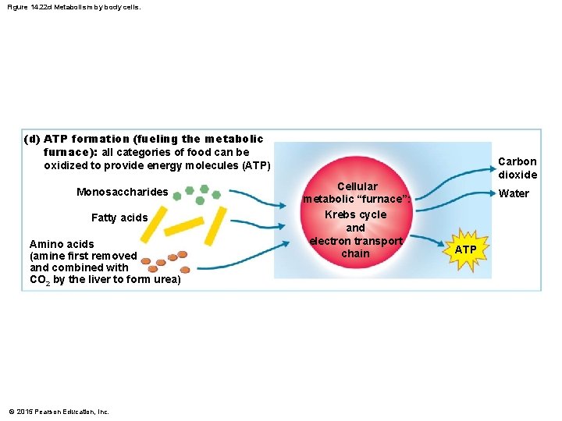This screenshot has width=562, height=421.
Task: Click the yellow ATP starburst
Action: pyautogui.click(x=465, y=249)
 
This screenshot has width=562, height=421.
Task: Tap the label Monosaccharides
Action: pyautogui.click(x=122, y=192)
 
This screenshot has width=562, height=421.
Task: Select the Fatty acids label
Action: pyautogui.click(x=119, y=218)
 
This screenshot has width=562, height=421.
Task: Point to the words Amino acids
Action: pyautogui.click(x=62, y=244)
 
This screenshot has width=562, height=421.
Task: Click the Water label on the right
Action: pyautogui.click(x=514, y=193)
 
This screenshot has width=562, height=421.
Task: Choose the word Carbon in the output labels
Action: pyautogui.click(x=518, y=161)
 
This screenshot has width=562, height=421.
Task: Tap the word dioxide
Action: pyautogui.click(x=518, y=175)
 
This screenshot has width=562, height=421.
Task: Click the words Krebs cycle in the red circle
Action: pyautogui.click(x=356, y=214)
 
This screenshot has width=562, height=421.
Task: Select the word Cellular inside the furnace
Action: pyautogui.click(x=357, y=186)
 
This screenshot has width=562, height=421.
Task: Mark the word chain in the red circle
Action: pyautogui.click(x=356, y=253)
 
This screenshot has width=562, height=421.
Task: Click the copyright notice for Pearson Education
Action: pyautogui.click(x=59, y=412)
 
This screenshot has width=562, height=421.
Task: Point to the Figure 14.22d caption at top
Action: pyautogui.click(x=75, y=7)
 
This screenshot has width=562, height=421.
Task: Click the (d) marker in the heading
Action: pyautogui.click(x=32, y=139)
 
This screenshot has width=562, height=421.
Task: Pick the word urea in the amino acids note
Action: pyautogui.click(x=167, y=280)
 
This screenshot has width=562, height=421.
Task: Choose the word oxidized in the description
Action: pyautogui.click(x=66, y=165)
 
